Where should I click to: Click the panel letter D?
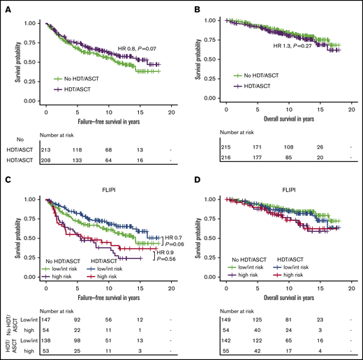pyautogui.click(x=189, y=185)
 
